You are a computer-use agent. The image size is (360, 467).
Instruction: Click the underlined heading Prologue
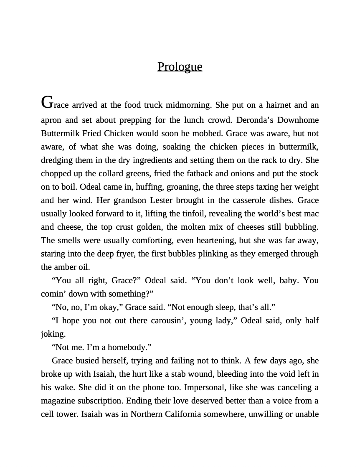[180, 66]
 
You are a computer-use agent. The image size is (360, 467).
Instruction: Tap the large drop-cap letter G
[47, 102]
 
